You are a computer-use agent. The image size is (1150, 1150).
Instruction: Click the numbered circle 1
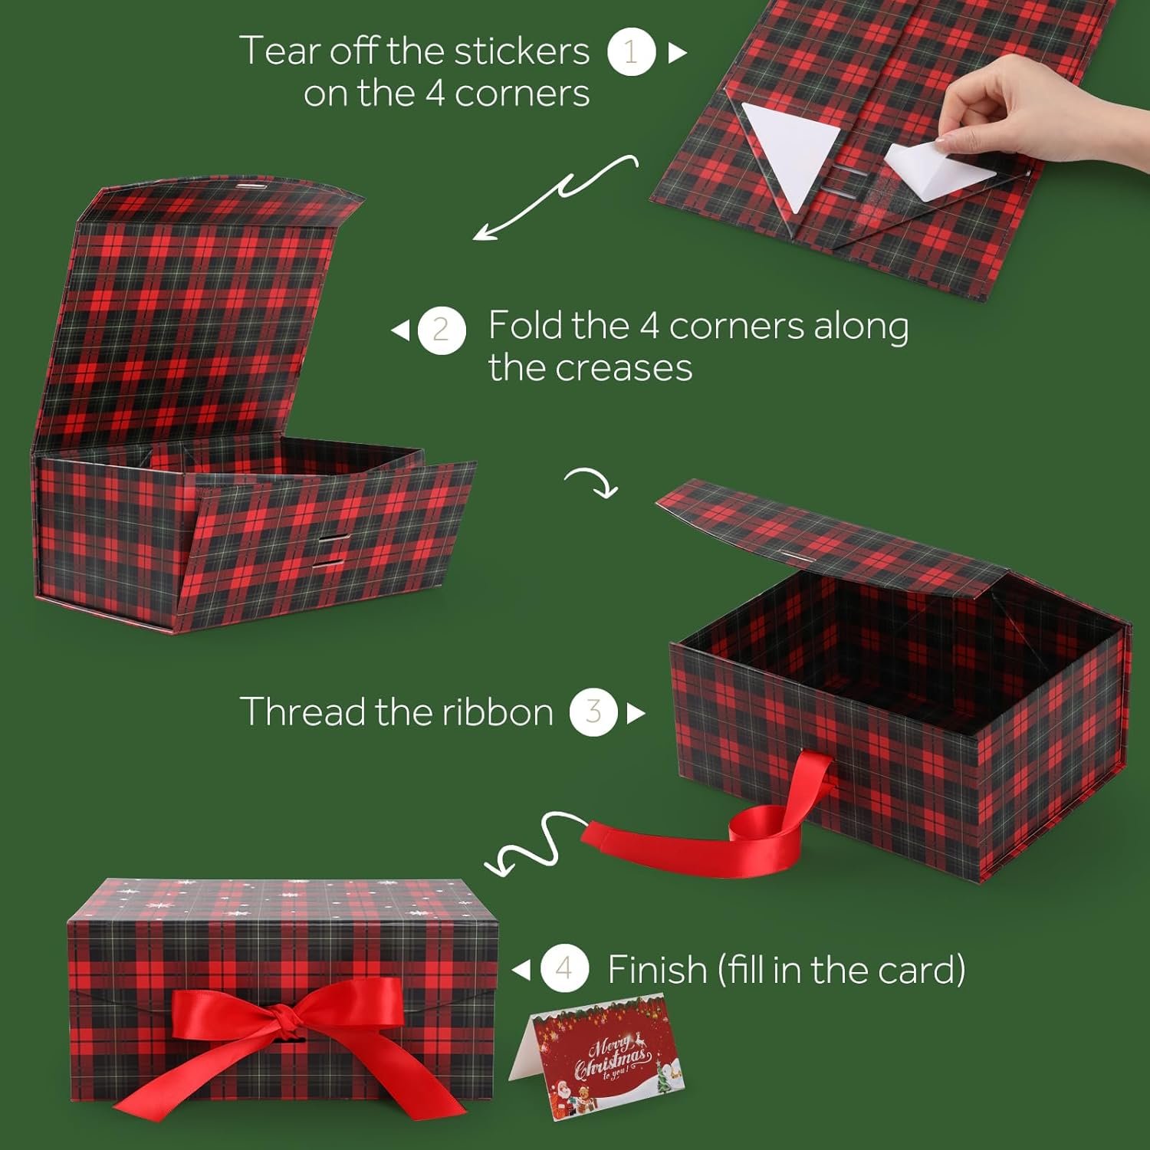[x=631, y=51]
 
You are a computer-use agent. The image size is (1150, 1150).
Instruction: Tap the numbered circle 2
[x=442, y=330]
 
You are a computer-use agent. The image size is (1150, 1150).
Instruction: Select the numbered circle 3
[x=593, y=712]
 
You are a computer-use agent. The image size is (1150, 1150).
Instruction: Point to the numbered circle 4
[x=564, y=969]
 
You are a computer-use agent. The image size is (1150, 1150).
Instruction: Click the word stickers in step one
[x=521, y=51]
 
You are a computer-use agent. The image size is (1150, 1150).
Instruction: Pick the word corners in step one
[x=522, y=94]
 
